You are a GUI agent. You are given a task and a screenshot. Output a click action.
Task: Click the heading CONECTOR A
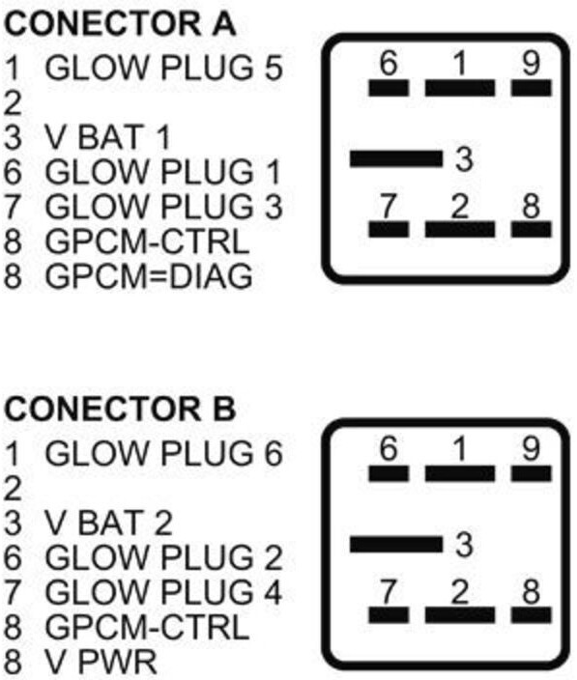(x=120, y=23)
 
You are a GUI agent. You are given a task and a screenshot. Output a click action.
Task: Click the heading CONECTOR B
(x=120, y=409)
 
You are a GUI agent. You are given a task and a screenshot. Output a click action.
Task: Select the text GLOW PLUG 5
(x=164, y=68)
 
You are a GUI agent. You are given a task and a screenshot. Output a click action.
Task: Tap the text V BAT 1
(x=107, y=137)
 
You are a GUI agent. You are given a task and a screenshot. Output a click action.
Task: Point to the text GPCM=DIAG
(x=149, y=276)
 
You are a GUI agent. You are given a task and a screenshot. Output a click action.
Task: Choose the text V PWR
(x=101, y=662)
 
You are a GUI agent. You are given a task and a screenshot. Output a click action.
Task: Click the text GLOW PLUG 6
(x=164, y=453)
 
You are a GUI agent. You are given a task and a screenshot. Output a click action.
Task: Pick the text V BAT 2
(x=109, y=523)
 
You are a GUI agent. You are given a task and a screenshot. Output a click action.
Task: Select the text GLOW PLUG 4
(x=164, y=591)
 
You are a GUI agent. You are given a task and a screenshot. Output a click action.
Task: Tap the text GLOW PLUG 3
(x=164, y=207)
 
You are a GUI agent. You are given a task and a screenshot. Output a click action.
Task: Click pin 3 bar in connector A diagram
(x=396, y=158)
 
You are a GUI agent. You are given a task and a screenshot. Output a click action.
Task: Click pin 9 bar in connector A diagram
(x=532, y=88)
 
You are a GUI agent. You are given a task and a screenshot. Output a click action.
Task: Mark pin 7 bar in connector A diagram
(x=389, y=230)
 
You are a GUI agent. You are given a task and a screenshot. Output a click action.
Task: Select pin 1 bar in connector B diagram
(x=460, y=473)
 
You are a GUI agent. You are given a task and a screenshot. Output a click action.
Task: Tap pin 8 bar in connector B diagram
(x=532, y=615)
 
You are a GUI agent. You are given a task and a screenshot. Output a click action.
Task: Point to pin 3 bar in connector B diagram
(x=396, y=544)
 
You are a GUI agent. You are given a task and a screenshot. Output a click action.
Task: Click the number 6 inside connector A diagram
(x=389, y=63)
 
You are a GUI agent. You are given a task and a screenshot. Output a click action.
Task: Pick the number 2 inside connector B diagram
(x=460, y=592)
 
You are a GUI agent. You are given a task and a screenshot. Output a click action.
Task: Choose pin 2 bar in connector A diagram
(x=460, y=230)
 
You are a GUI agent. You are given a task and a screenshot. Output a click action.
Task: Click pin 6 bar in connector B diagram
(x=389, y=473)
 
